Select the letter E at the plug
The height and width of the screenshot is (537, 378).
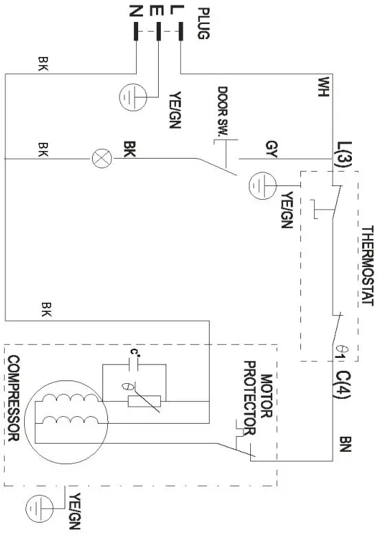[x=158, y=10]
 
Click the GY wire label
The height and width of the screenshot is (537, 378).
[x=270, y=147]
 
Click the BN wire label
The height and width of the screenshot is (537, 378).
[x=346, y=444]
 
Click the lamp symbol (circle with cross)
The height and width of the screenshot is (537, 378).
[x=101, y=159]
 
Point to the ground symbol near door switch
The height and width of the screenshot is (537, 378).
[x=263, y=181]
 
